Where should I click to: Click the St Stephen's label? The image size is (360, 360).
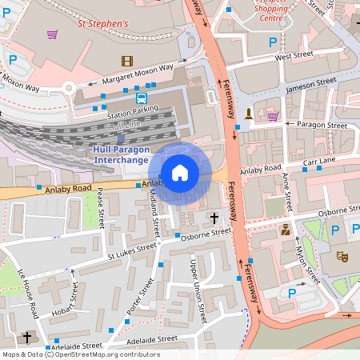[102, 24]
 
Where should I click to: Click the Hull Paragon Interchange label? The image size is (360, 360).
[122, 155]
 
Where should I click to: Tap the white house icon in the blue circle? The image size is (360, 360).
[180, 172]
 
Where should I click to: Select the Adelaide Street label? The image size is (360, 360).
[146, 339]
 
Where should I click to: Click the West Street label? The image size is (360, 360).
[293, 56]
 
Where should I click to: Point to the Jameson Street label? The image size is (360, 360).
[312, 82]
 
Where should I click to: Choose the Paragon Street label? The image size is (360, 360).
[322, 126]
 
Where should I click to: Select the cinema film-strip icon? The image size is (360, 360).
[127, 60]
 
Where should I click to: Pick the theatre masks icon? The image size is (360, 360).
[342, 257]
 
